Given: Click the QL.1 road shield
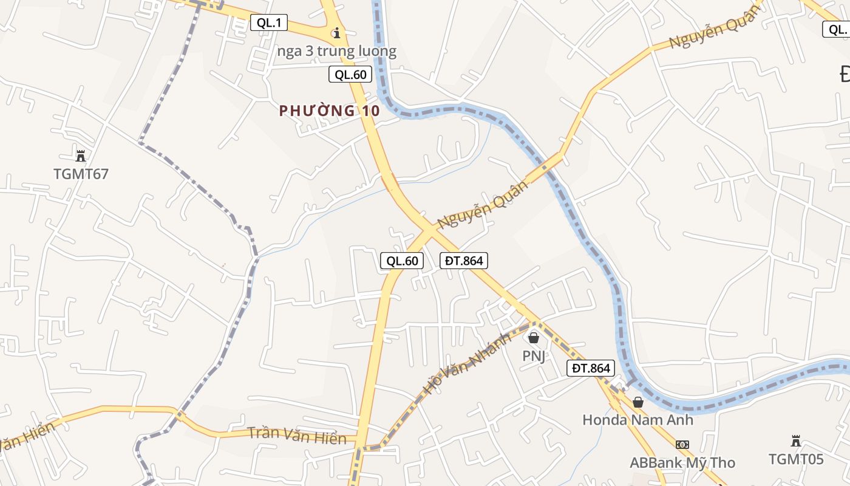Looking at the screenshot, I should click(x=269, y=23).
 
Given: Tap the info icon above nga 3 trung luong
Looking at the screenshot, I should click(x=336, y=32).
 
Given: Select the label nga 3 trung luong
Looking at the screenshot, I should click(x=336, y=52).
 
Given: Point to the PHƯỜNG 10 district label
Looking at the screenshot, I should click(x=330, y=111).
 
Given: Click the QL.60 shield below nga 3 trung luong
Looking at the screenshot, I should click(x=350, y=75).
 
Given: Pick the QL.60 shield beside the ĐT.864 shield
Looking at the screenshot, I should click(x=401, y=261).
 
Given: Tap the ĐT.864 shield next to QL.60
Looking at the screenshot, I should click(x=464, y=261).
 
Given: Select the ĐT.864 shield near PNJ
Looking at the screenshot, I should click(x=591, y=368).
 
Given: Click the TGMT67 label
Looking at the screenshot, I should click(x=81, y=174).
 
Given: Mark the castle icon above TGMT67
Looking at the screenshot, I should click(x=81, y=155).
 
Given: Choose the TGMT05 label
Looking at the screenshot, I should click(x=796, y=459).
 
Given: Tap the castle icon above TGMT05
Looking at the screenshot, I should click(x=796, y=440).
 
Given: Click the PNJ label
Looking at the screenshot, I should click(x=534, y=356).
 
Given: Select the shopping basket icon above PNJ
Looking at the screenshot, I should click(x=534, y=337).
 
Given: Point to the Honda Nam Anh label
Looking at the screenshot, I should click(x=637, y=420).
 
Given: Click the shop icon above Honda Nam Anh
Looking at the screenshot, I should click(x=637, y=402).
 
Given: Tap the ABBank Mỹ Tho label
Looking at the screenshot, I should click(x=682, y=463).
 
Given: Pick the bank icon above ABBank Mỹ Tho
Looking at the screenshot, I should click(x=682, y=445).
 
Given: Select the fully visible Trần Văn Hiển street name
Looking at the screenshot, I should click(x=297, y=436).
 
